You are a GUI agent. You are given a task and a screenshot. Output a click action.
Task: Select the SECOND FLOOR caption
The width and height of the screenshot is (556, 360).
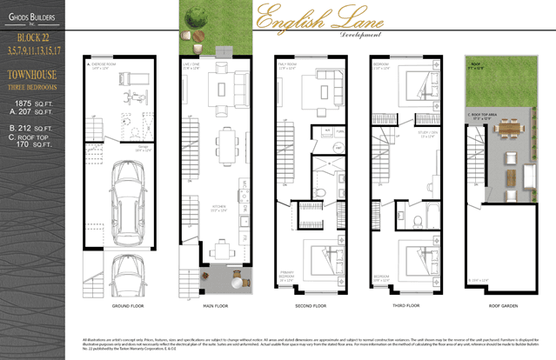coord(311,306)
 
